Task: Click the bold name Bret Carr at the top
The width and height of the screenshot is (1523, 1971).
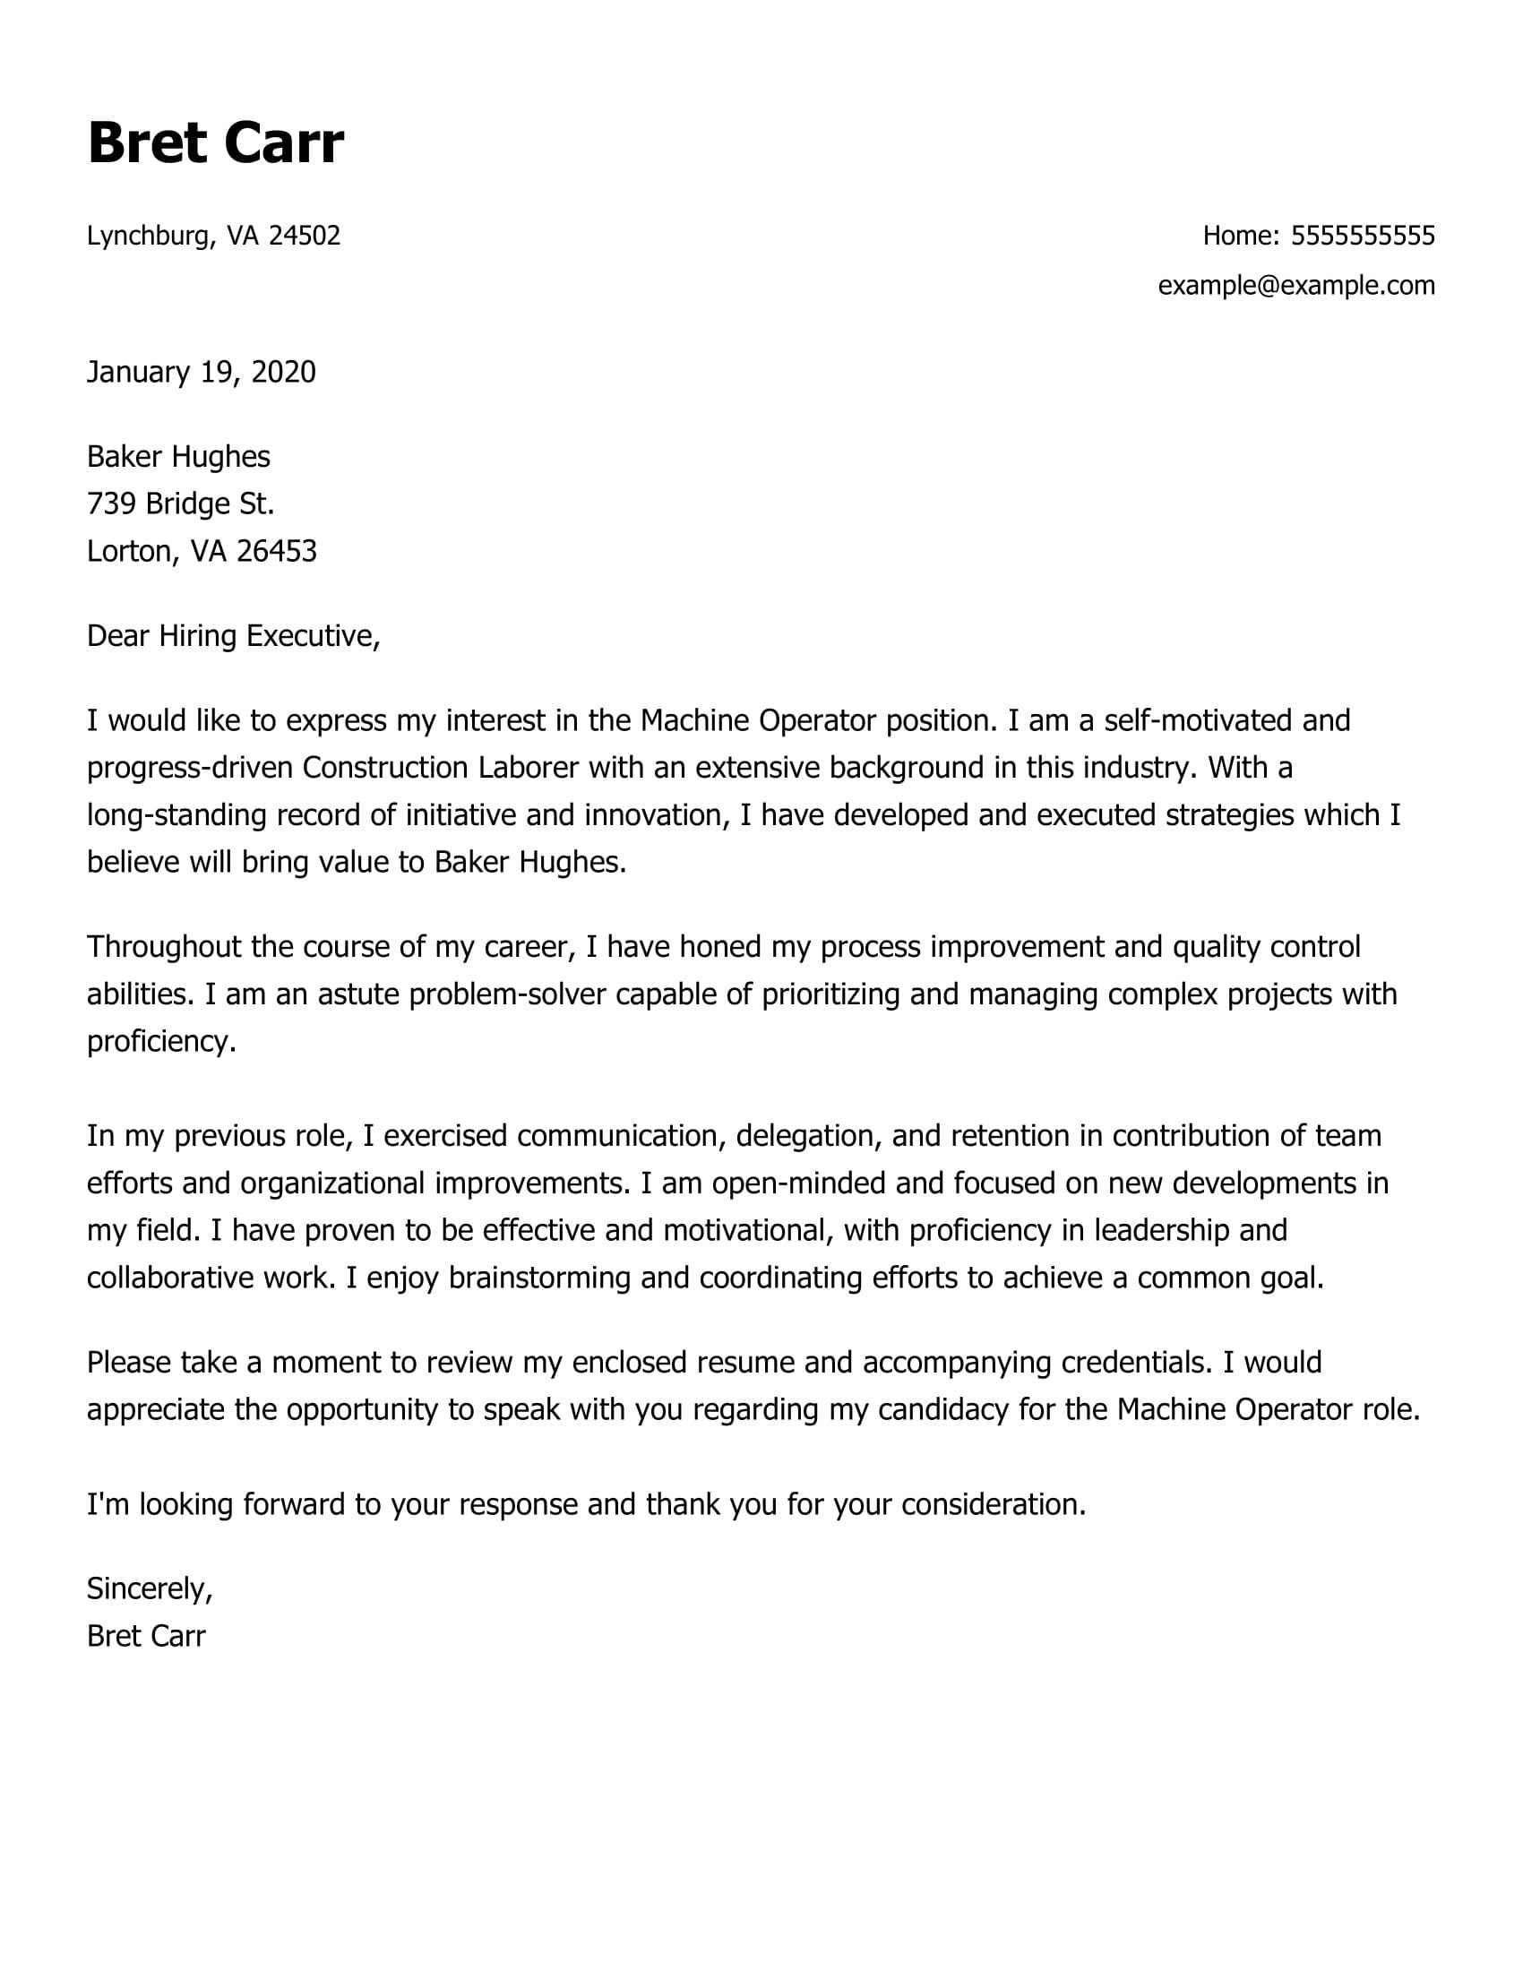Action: point(216,142)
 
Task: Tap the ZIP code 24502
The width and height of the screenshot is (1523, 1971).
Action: point(305,236)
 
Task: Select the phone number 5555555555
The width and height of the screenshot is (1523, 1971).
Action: point(1363,236)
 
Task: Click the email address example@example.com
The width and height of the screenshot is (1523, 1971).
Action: point(1295,285)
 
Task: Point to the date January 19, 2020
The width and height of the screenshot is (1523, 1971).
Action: point(202,372)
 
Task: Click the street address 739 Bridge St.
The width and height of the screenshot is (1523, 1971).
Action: point(180,503)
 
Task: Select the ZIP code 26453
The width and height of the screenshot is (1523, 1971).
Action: point(277,550)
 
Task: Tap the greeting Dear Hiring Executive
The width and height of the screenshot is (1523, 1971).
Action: point(233,635)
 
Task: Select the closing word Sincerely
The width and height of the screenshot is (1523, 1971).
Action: point(149,1588)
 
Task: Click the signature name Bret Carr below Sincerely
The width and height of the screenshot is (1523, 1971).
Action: point(146,1635)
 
